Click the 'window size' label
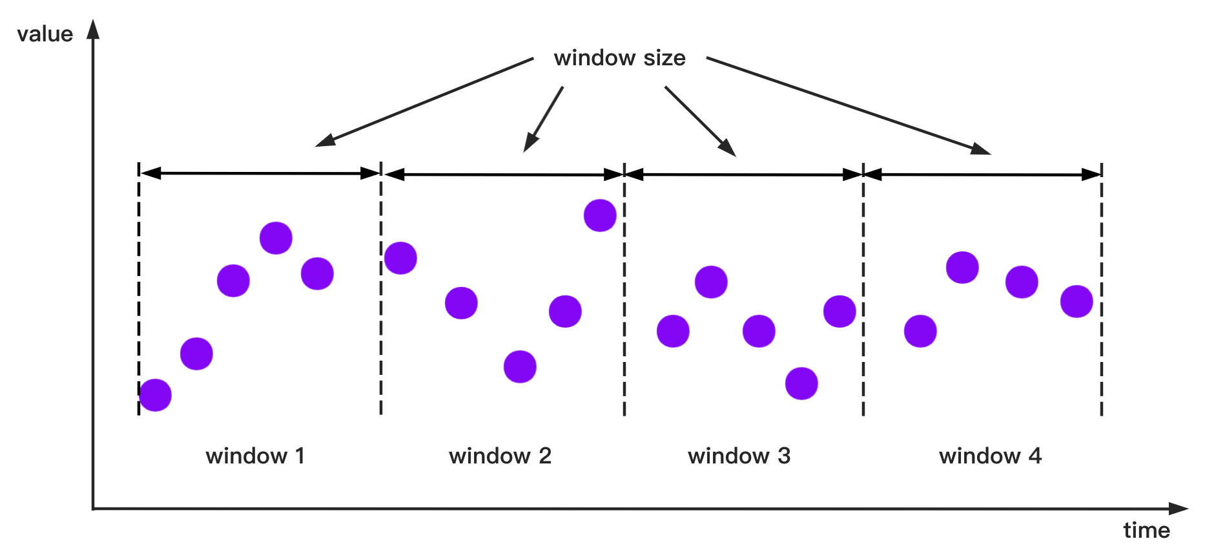(x=619, y=58)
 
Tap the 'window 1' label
(x=255, y=456)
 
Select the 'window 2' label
(x=500, y=456)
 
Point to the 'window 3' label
(x=739, y=456)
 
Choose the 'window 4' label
(x=991, y=456)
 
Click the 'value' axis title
(x=45, y=34)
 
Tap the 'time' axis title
(x=1147, y=531)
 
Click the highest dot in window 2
(x=600, y=215)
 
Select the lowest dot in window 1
(x=156, y=395)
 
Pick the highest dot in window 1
(x=276, y=238)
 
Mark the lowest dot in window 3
(x=801, y=383)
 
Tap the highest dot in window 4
(x=962, y=268)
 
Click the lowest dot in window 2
(x=520, y=366)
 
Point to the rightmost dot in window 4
(x=1076, y=301)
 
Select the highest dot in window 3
(x=711, y=282)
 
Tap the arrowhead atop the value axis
(x=94, y=29)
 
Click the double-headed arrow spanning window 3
(x=744, y=175)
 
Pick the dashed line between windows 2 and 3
(x=624, y=291)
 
